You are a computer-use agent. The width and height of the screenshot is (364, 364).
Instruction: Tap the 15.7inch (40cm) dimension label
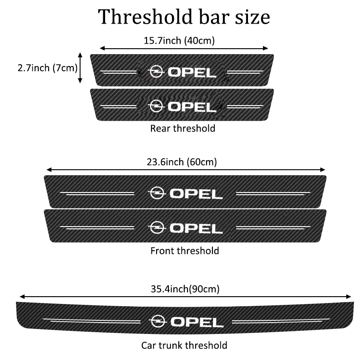[x=179, y=40]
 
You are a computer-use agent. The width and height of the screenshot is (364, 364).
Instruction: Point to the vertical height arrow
[x=81, y=67]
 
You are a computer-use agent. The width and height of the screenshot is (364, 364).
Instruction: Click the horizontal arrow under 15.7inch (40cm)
[x=184, y=48]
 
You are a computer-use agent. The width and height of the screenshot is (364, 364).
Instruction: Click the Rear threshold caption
[x=183, y=128]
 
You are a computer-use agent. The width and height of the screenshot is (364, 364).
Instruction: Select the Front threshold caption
[x=185, y=251]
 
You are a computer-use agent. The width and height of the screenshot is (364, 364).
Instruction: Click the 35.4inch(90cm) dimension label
[x=185, y=288]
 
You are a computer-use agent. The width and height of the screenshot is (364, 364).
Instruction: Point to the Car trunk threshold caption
[x=184, y=345]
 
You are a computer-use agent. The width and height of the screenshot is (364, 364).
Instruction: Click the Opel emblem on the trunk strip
[x=157, y=321]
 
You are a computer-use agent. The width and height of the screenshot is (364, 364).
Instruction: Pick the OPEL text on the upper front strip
[x=197, y=193]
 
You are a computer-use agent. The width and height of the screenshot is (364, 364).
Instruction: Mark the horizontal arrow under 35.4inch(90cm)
[x=185, y=297]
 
